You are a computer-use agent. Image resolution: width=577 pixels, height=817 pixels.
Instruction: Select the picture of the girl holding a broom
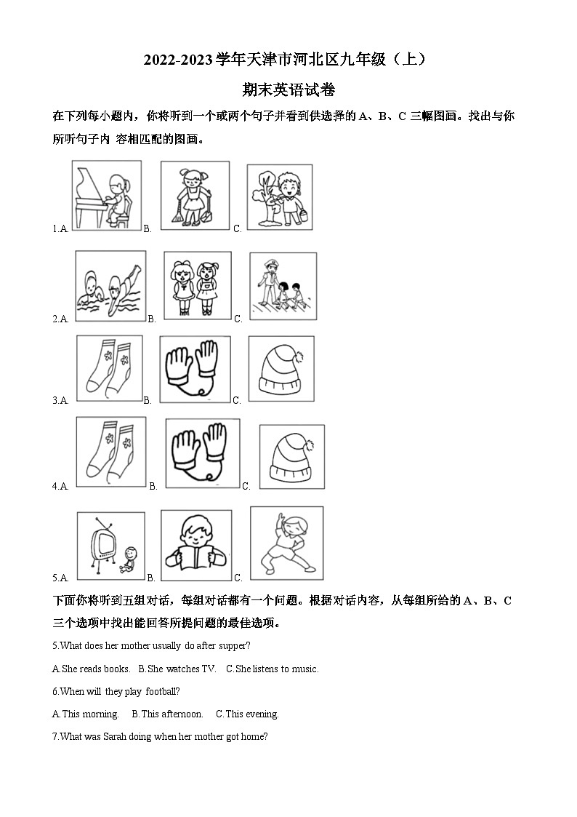pyautogui.click(x=194, y=195)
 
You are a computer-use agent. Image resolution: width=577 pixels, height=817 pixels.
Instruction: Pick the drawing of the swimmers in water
pyautogui.click(x=110, y=285)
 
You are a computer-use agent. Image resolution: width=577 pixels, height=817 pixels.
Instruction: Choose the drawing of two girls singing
pyautogui.click(x=197, y=285)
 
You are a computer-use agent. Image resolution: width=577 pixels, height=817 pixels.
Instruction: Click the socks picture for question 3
pyautogui.click(x=108, y=369)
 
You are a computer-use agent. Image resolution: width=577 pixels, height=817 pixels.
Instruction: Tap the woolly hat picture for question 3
pyautogui.click(x=281, y=369)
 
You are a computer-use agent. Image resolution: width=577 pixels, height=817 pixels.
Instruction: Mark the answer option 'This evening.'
pyautogui.click(x=247, y=714)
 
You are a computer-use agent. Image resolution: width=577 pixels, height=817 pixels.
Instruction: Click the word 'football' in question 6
pyautogui.click(x=162, y=691)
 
